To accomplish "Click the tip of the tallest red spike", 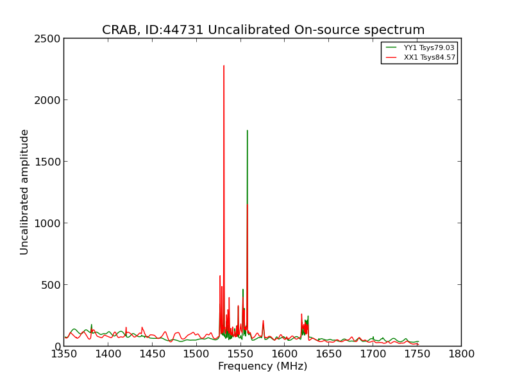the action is pos(224,65).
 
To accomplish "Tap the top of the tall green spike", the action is pos(248,130).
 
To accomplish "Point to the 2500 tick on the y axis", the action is pos(47,38).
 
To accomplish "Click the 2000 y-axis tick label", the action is pos(47,100).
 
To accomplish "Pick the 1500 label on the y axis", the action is pos(47,162).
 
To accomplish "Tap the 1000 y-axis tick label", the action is pos(47,223).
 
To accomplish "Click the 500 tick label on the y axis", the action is pos(51,285).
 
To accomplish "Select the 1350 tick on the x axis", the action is pos(64,354).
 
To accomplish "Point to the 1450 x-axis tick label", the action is pos(152,354).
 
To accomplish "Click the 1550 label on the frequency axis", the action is pos(240,354).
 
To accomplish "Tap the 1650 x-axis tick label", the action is pos(329,354).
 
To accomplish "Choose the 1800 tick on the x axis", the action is pos(461,354).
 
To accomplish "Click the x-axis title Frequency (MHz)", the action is pos(263,366).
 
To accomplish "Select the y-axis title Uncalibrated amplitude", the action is pos(24,192).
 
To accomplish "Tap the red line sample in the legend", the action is pos(391,58).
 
